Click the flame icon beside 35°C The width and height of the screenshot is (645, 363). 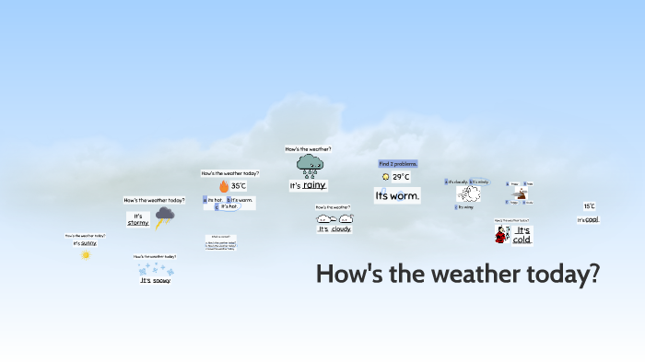point(223,185)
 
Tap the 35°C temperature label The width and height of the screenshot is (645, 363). point(239,185)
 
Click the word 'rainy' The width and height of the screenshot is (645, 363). point(315,186)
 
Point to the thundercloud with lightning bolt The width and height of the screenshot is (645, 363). point(165,217)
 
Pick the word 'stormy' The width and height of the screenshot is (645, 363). point(138,222)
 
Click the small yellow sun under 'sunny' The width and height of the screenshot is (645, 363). point(86,254)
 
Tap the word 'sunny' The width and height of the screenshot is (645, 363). point(88,243)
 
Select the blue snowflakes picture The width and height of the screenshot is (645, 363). point(156,269)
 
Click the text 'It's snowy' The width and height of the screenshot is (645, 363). point(156,280)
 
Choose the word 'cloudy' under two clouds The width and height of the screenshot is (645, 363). point(341,228)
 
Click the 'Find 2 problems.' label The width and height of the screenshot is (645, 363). point(398,164)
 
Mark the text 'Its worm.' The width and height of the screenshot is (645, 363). point(397,196)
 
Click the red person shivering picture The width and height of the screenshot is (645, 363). point(501,236)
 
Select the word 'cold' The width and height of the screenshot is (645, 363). point(522,240)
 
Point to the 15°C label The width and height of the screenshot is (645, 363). point(589,206)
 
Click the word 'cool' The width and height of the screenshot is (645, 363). point(592,219)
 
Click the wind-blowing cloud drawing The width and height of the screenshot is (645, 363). point(471,194)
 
